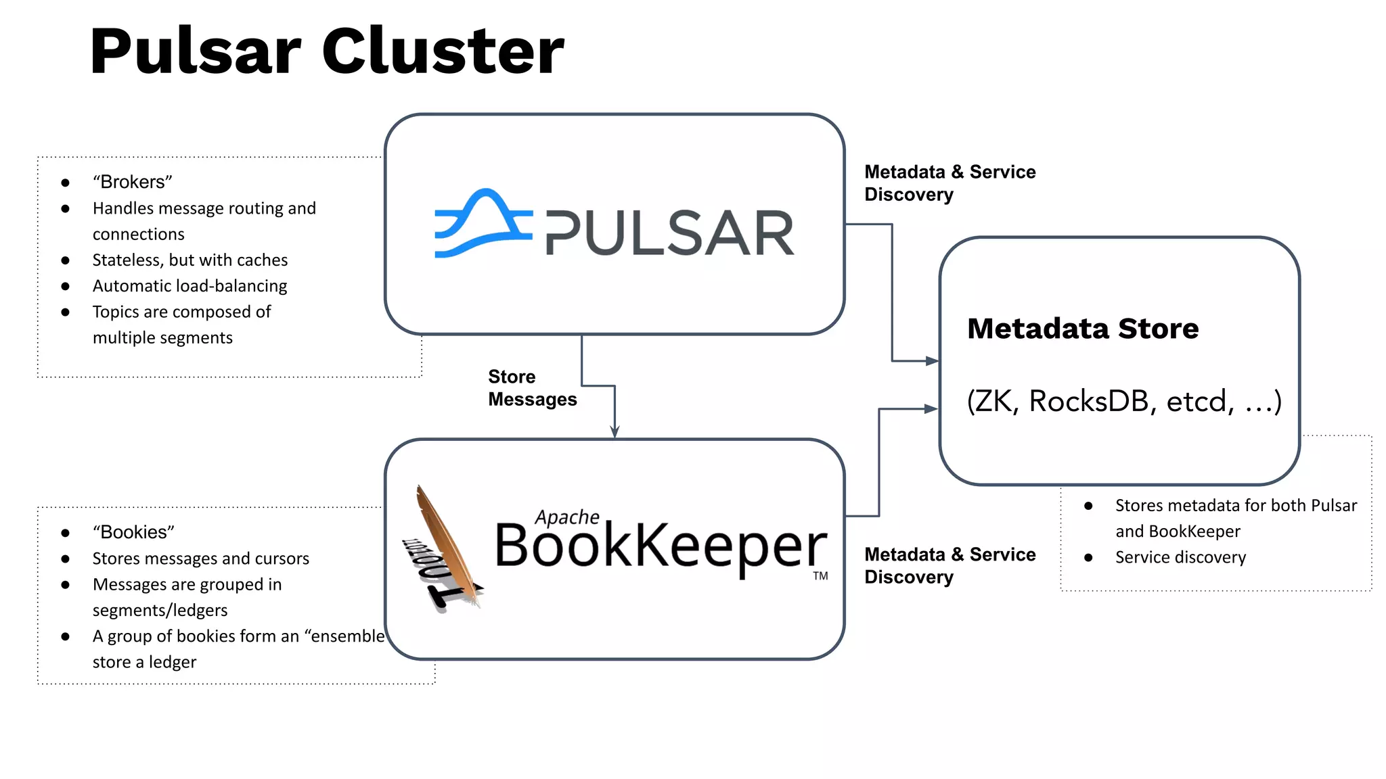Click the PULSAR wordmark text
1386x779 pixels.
click(669, 234)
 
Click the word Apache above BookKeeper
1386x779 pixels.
click(567, 517)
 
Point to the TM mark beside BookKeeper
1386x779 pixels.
click(820, 576)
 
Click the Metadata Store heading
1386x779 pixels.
click(1083, 329)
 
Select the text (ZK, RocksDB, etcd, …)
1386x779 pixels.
click(1123, 401)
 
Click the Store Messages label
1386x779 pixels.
click(532, 387)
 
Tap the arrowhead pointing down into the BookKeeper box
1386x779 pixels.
click(614, 431)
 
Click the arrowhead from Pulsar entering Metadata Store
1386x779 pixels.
click(932, 361)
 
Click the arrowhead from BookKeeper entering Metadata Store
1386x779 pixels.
click(931, 408)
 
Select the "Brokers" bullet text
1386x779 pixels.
click(133, 182)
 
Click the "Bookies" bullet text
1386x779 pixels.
click(133, 532)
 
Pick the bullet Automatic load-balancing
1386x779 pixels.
click(189, 286)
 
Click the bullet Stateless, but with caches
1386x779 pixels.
click(189, 260)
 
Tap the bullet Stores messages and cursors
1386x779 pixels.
click(200, 559)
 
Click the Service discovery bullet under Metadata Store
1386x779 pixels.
click(1180, 557)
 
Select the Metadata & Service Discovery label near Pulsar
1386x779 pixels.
click(949, 183)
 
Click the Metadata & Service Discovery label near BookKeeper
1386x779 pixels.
click(949, 565)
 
